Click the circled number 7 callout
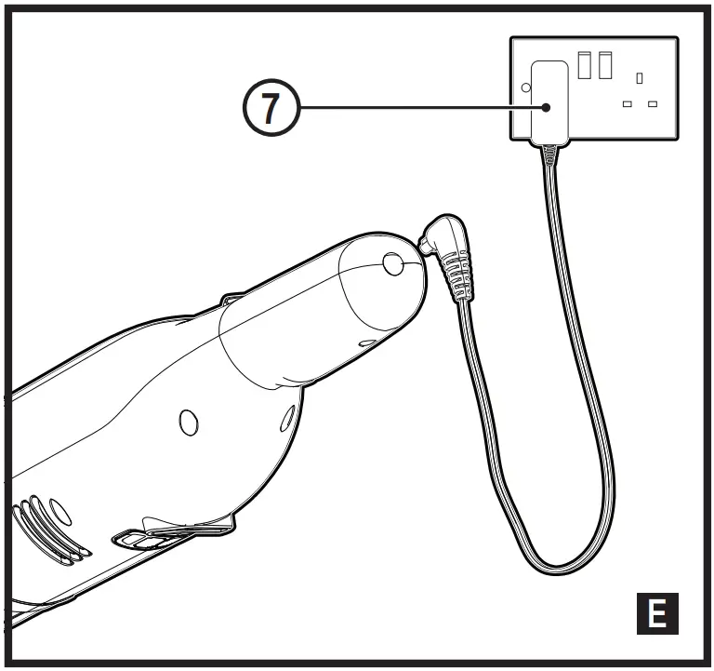tap(269, 109)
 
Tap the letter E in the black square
tap(656, 615)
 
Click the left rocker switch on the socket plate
tap(585, 65)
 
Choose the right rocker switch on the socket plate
tap(605, 65)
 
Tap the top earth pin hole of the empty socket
tap(640, 78)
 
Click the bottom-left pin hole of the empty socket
tap(628, 103)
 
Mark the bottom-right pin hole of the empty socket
tap(653, 103)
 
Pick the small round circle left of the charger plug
tap(525, 88)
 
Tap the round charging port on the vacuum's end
tap(391, 266)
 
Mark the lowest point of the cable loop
tap(561, 567)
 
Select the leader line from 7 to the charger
tap(418, 109)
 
